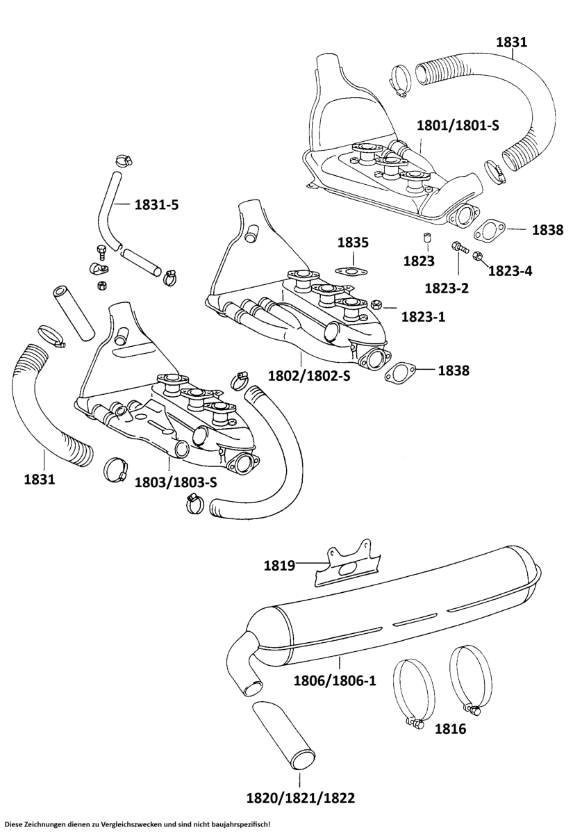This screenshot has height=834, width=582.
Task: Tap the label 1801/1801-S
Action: click(458, 125)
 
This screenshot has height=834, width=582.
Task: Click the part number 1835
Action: click(354, 243)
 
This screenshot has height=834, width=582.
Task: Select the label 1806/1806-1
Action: click(336, 680)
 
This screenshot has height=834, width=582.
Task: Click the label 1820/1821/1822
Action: click(301, 798)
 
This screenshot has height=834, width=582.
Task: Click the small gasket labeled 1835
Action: click(351, 270)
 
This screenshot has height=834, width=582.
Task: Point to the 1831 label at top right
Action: click(511, 42)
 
